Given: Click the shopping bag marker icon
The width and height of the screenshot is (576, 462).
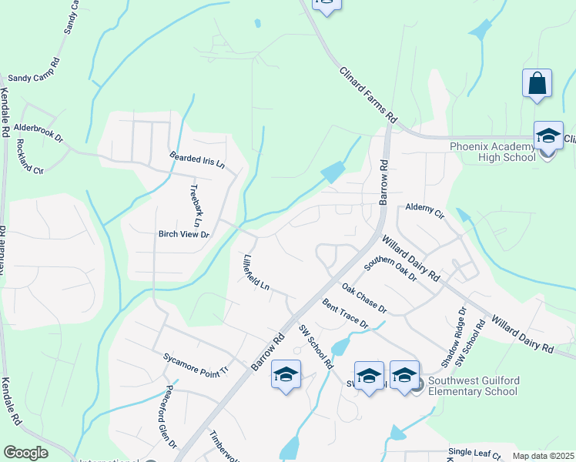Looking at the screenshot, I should [x=537, y=84].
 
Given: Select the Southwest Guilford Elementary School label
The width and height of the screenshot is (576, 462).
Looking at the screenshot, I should [x=473, y=386].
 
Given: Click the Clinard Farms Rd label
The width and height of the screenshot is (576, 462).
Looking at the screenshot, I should [x=368, y=95].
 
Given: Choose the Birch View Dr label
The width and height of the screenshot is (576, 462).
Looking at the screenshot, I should [x=183, y=233].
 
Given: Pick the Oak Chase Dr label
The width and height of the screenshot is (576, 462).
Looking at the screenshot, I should [x=364, y=299].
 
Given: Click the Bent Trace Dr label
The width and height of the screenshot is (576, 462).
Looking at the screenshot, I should [x=346, y=313].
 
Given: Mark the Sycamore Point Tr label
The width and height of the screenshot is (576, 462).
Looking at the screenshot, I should [x=196, y=363].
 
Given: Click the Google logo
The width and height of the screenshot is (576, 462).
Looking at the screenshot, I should [x=25, y=453].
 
